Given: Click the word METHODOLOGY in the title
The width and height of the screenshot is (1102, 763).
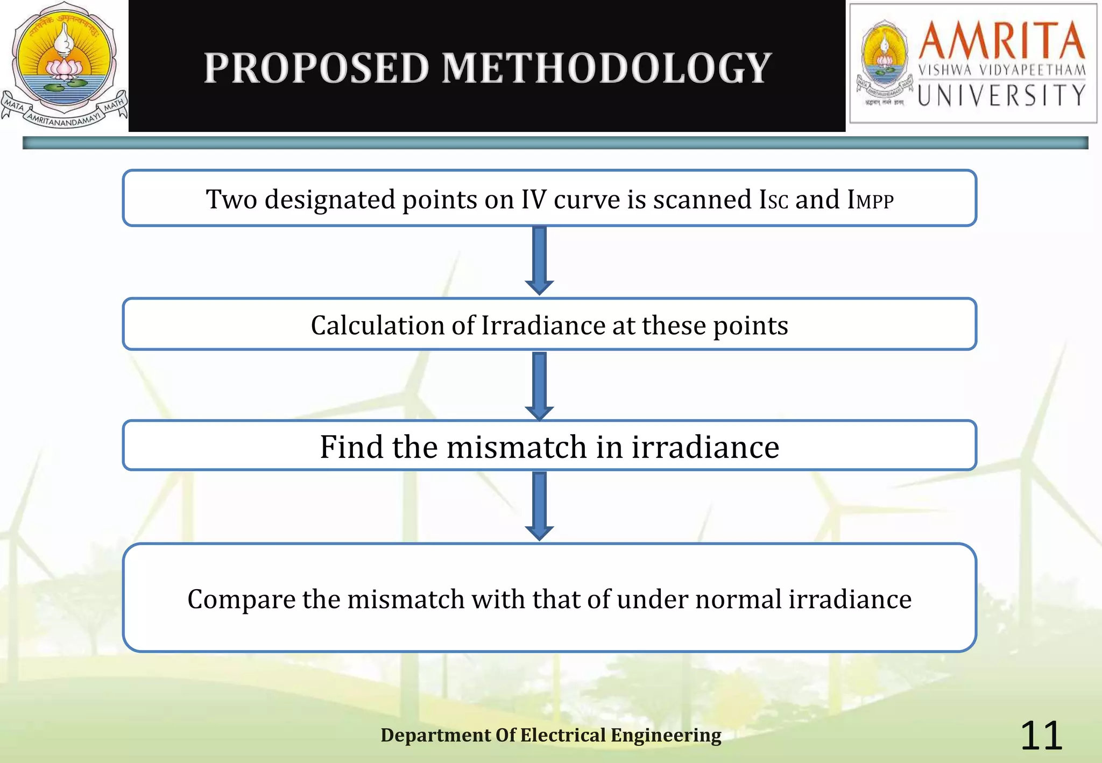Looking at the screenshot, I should coord(607,68).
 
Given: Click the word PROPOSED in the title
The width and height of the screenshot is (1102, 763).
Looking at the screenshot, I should coord(316,68).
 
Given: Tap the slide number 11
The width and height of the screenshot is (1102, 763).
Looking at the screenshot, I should coord(1041,736).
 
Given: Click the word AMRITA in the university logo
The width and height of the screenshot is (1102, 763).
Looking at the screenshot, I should coord(1001,40).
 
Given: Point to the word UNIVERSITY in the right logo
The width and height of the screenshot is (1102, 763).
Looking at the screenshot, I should coord(1001,95).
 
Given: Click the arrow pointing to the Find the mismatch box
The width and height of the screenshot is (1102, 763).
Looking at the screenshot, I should coord(540,385).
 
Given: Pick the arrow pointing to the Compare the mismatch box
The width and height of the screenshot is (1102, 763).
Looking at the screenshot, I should coord(540,506).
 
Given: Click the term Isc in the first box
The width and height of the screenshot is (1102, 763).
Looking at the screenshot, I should coord(774,200).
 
